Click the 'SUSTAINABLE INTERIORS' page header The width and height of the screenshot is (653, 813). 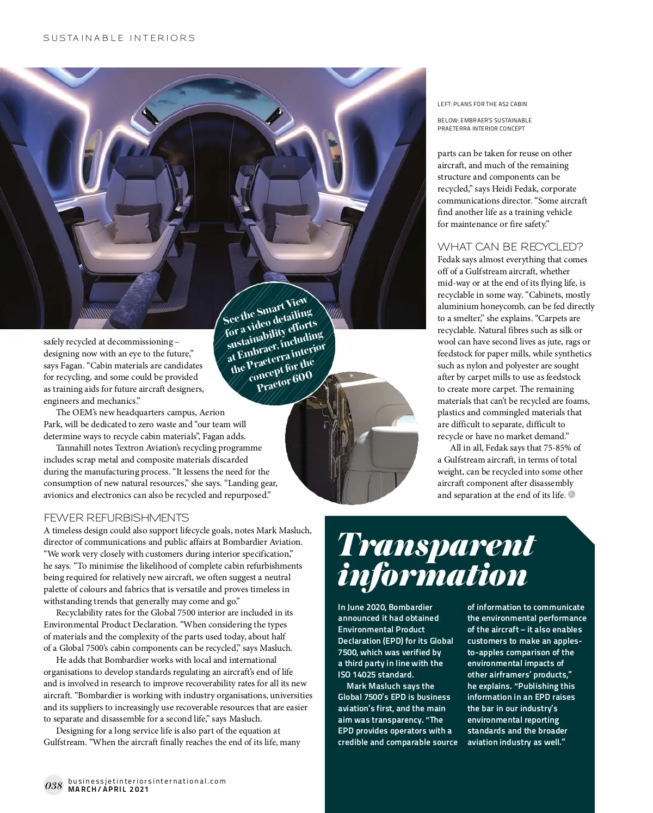(119, 38)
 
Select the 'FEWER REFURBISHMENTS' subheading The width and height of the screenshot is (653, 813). (116, 518)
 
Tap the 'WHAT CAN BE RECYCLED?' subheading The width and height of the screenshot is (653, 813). (510, 247)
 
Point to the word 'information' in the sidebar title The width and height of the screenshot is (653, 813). (433, 575)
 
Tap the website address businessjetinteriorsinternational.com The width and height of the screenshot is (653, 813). (146, 781)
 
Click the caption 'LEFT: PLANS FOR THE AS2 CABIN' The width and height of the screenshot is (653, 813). (482, 104)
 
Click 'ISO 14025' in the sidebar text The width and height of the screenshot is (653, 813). (358, 675)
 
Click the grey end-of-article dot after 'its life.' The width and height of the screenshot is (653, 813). (571, 495)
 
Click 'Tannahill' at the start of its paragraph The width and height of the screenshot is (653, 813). (75, 448)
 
